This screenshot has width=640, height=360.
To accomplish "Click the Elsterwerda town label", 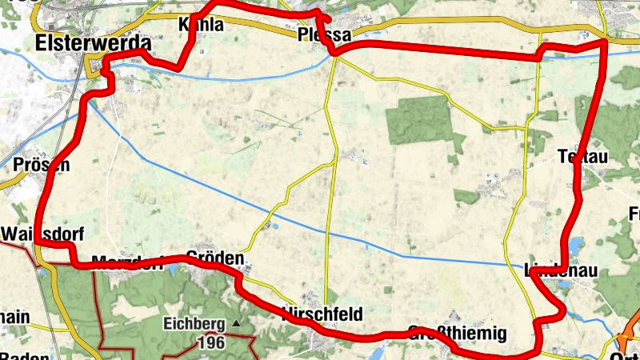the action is tap(94, 42).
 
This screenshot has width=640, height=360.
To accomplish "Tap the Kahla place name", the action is tap(202, 25).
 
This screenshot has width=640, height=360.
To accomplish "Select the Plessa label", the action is tap(324, 34).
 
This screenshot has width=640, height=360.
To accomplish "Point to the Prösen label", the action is tap(42, 165).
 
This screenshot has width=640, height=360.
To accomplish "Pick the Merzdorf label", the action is tap(128, 262).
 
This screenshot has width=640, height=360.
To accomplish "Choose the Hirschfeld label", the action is tap(322, 313).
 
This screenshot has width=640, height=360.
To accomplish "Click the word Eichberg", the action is tap(194, 324).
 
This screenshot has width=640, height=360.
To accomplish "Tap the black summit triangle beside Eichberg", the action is tap(236, 323).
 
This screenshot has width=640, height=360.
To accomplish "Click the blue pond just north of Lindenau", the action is tap(575, 246).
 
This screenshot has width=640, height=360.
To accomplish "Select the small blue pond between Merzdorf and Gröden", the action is tap(173, 270).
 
